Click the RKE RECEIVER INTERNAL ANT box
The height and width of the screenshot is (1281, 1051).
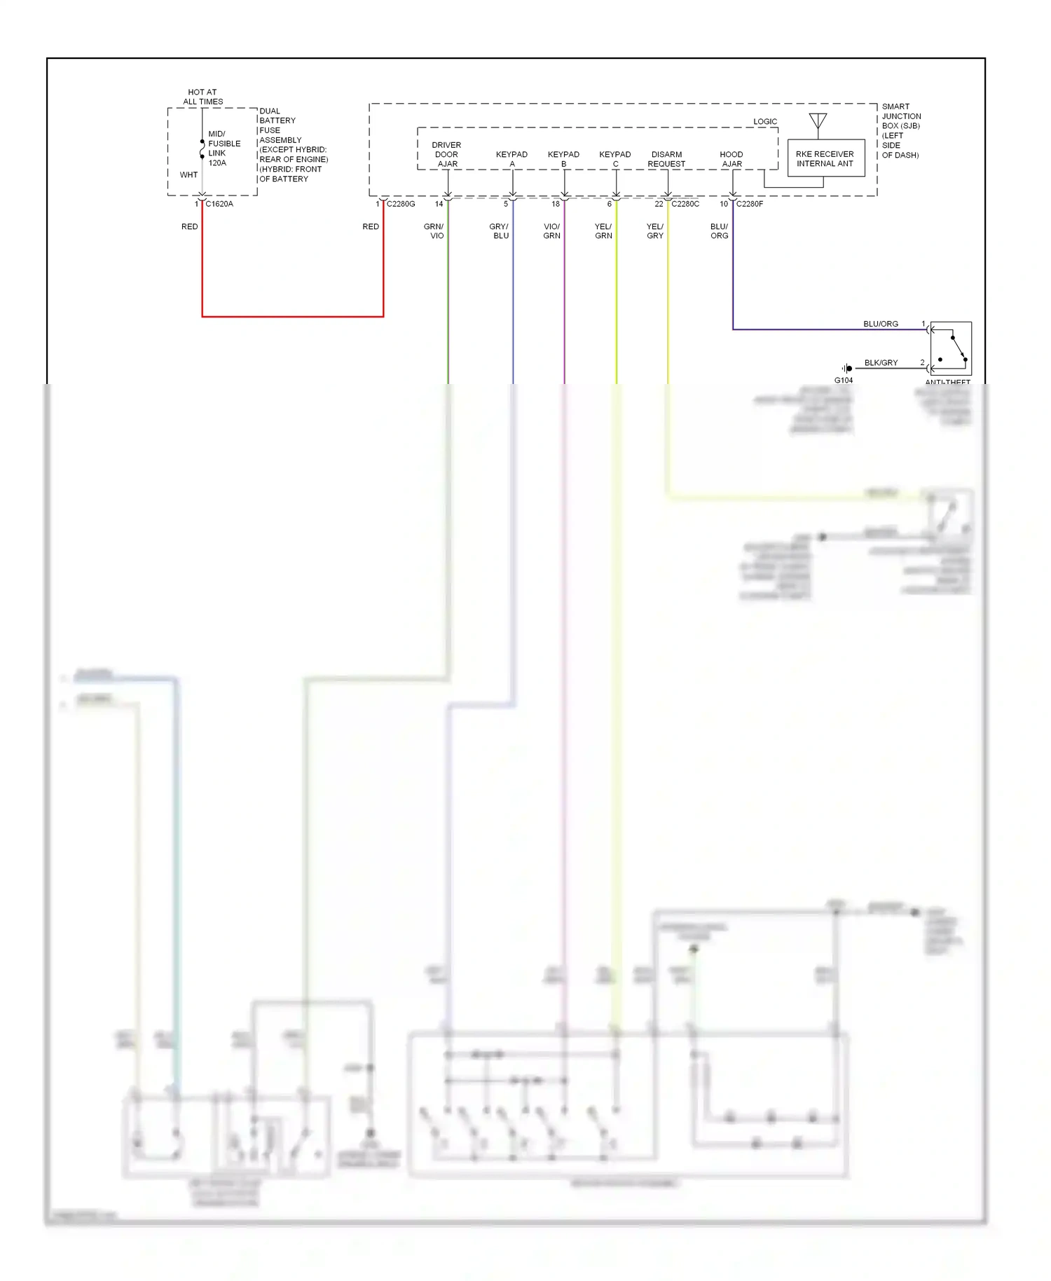(x=825, y=158)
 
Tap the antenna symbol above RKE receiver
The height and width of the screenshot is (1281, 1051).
(x=818, y=121)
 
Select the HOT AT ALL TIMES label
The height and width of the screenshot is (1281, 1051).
(x=202, y=97)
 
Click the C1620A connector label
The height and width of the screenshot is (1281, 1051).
(x=219, y=204)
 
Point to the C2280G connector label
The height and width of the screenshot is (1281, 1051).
(x=401, y=204)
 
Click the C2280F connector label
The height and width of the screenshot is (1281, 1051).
(x=750, y=204)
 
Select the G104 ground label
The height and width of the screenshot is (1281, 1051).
(x=844, y=381)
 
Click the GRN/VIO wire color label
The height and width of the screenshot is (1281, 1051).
(x=434, y=231)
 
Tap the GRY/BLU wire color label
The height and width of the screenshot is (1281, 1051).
(x=500, y=231)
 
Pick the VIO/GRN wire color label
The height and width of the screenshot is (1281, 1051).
(x=552, y=231)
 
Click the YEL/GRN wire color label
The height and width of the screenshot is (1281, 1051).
(x=603, y=231)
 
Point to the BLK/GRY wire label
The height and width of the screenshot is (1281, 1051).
(x=881, y=363)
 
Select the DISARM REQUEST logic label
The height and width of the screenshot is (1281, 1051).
(x=666, y=159)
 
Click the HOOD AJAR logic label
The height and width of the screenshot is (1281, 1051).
(x=731, y=159)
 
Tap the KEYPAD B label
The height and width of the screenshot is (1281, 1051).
(x=563, y=159)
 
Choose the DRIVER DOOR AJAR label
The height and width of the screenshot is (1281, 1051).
(x=447, y=154)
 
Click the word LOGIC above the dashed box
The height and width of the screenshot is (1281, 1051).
(x=765, y=122)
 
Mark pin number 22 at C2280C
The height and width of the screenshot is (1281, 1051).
(x=659, y=204)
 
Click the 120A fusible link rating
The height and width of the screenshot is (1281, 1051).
(x=217, y=163)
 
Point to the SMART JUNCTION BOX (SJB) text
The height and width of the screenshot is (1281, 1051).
(x=900, y=116)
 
